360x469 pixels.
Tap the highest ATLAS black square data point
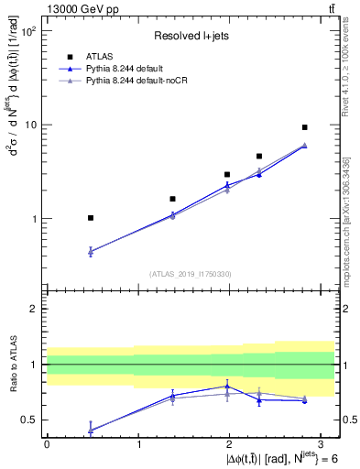(x=304, y=127)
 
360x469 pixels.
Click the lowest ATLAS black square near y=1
(x=90, y=218)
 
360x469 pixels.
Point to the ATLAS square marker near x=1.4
(x=172, y=199)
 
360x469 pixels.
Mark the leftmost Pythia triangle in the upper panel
(x=90, y=251)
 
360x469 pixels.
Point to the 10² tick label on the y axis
(x=28, y=31)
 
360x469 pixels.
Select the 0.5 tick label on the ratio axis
(x=28, y=420)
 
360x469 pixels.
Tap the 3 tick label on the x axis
(x=322, y=444)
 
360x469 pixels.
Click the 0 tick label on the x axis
(x=47, y=444)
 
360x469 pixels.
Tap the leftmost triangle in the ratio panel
(x=90, y=429)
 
